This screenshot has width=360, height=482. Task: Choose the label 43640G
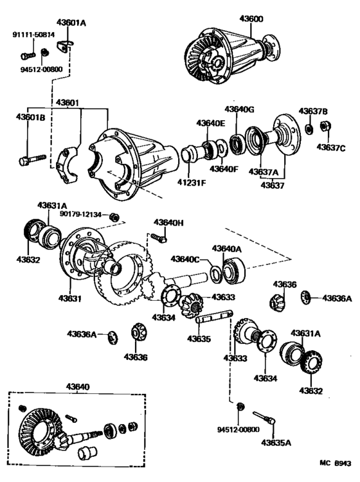tap(239, 110)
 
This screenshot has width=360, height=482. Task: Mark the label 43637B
tap(313, 111)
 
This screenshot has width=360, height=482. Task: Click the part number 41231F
tap(191, 183)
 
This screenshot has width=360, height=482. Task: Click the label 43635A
tap(276, 442)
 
